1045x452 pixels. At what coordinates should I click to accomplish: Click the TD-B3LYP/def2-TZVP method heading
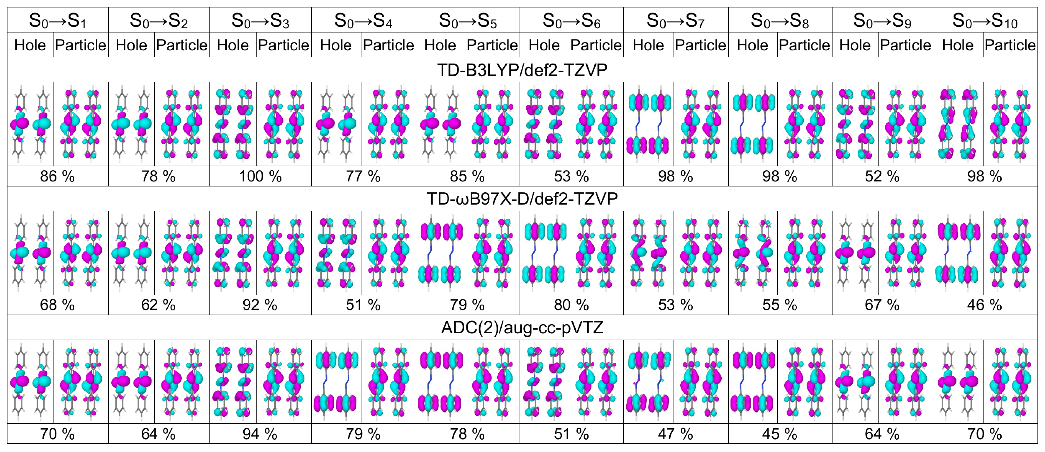click(x=522, y=70)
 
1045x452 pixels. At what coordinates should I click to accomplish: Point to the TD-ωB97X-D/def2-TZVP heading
click(x=522, y=199)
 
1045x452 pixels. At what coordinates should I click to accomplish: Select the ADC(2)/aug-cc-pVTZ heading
click(x=522, y=327)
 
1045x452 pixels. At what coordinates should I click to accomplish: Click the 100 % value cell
click(x=260, y=176)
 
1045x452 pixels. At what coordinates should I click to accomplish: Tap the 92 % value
click(x=260, y=305)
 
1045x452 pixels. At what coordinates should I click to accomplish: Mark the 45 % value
click(x=779, y=434)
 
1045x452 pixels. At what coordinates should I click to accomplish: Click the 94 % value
click(x=260, y=434)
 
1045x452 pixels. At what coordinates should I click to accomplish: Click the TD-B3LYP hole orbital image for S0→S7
click(x=648, y=124)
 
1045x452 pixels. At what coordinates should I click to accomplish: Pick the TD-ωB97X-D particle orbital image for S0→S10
click(x=1010, y=253)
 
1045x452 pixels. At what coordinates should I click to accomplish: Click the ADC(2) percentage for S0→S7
click(x=675, y=434)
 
